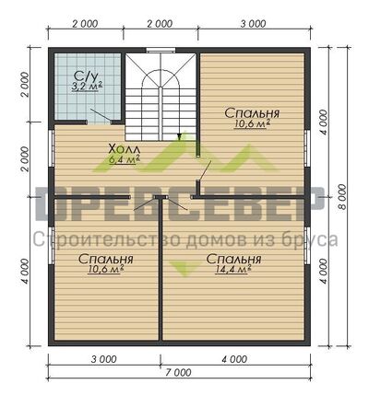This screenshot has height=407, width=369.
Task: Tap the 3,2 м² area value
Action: click(87, 87)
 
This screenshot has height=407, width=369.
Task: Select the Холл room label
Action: click(125, 149)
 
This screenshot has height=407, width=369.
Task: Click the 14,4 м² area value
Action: click(233, 269)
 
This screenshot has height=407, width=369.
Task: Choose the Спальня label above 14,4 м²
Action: click(233, 259)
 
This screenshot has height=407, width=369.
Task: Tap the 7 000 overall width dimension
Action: click(178, 372)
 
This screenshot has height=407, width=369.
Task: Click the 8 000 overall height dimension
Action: click(341, 196)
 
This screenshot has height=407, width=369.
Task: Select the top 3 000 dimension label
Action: click(253, 24)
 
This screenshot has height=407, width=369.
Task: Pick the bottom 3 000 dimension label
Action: click(104, 359)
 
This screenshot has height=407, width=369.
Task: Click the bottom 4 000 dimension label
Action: click(234, 359)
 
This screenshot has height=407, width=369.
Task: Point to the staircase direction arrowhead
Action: click(178, 136)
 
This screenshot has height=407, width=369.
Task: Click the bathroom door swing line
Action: click(101, 114)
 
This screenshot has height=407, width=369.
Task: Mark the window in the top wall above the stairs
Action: click(161, 51)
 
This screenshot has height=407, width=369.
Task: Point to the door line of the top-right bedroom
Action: click(205, 170)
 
